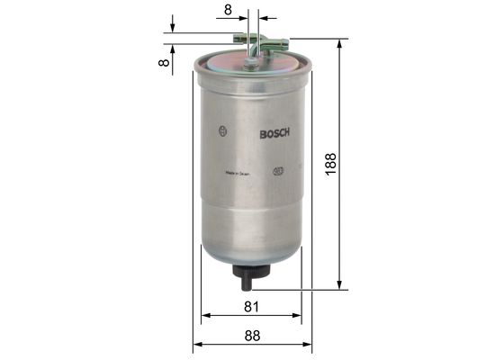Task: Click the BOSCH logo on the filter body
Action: [274, 135]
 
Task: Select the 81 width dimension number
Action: [251, 307]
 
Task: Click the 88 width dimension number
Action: [251, 336]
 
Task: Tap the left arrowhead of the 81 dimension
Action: [206, 316]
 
